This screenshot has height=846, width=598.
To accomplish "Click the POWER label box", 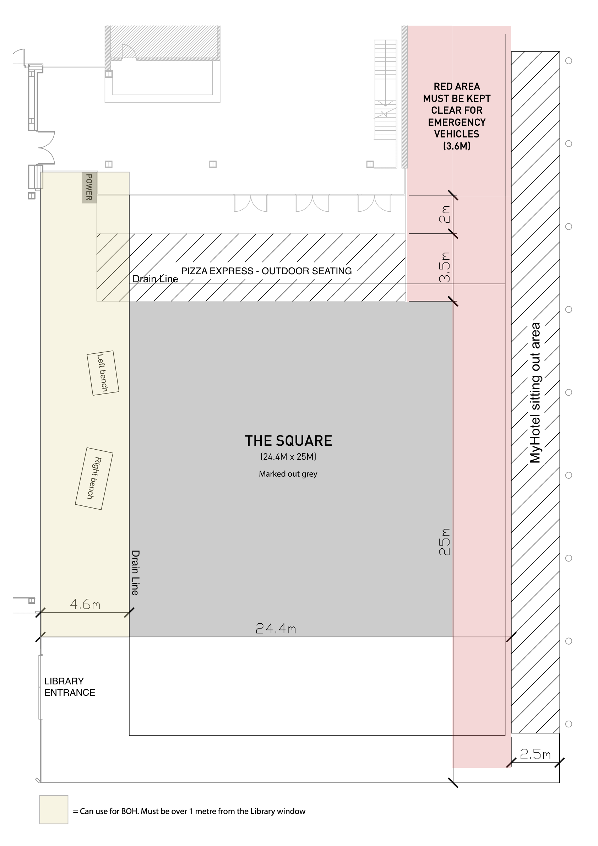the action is tap(89, 187).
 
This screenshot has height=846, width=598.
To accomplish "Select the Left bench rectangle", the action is tap(103, 373).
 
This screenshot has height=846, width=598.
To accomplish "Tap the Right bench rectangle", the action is tap(94, 478).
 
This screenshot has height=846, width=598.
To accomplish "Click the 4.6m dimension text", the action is tap(85, 604).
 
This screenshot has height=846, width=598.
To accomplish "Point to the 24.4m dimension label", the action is tap(276, 628).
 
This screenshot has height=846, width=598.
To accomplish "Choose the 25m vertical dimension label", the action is tap(445, 542).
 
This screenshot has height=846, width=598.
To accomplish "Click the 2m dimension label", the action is tap(445, 214).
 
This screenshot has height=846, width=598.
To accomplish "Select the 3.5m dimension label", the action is tap(445, 267).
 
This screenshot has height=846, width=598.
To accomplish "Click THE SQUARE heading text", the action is tap(288, 441).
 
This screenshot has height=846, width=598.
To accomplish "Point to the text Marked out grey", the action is tap(288, 474).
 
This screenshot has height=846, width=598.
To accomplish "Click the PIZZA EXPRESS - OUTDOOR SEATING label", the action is tap(266, 271).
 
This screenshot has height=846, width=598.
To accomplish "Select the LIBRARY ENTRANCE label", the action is tap(70, 687).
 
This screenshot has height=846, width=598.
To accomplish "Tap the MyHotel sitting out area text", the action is tap(535, 393).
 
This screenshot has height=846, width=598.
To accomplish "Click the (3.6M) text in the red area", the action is tap(457, 146).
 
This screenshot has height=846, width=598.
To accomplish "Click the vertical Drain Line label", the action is tap(136, 573).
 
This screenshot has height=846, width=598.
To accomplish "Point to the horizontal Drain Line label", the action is tap(155, 279).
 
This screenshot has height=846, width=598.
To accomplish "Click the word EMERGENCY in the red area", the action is tap(457, 122).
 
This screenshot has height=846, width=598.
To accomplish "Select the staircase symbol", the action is tap(386, 90).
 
